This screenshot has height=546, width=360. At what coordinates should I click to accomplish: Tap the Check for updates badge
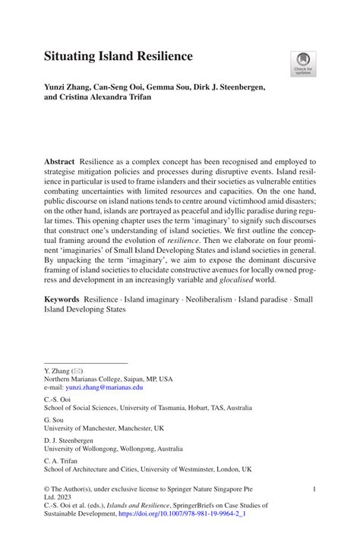(x=303, y=64)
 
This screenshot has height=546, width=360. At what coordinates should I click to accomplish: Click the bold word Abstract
(x=59, y=163)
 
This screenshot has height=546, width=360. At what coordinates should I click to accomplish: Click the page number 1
(x=314, y=491)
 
